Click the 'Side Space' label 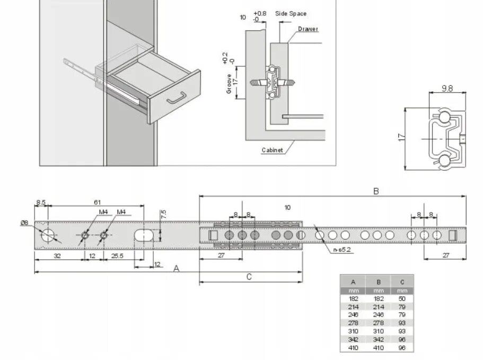(291, 14)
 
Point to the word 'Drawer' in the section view (308, 29)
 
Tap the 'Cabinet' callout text (272, 150)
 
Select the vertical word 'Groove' (229, 84)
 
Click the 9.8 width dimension (447, 89)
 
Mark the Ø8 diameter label (24, 223)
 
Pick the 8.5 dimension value (41, 202)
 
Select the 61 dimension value (98, 202)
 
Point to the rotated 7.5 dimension (164, 214)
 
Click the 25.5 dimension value (118, 256)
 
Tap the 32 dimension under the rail (57, 256)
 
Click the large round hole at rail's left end (48, 235)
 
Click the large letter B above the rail (376, 191)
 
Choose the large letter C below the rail (249, 276)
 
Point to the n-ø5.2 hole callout (342, 250)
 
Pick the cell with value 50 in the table (402, 299)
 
